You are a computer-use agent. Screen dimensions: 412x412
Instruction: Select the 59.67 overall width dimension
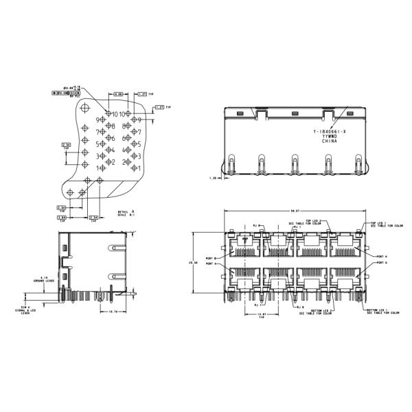[x=296, y=211]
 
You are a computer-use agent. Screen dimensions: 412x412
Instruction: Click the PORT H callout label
[x=382, y=255]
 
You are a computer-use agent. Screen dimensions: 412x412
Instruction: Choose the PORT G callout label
[x=382, y=263]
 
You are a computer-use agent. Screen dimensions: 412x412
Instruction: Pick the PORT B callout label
[x=209, y=257]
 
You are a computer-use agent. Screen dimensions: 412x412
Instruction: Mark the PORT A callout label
[x=209, y=264]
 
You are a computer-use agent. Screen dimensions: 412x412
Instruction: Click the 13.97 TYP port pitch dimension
[x=260, y=315]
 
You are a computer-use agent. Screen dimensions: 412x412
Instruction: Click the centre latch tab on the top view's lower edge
[x=294, y=165]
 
